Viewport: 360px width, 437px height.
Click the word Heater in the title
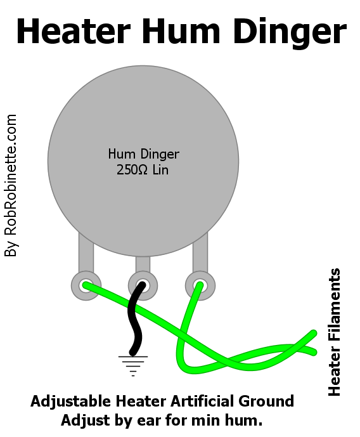click(74, 31)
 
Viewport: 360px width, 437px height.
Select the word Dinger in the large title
click(290, 33)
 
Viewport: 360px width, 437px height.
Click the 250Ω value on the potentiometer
click(132, 169)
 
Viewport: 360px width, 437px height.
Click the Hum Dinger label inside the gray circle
click(144, 154)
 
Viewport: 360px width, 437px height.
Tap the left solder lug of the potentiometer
click(86, 285)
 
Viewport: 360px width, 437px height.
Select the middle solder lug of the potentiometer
click(143, 285)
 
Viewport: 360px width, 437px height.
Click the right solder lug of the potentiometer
click(200, 285)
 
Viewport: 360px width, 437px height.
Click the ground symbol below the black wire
click(133, 366)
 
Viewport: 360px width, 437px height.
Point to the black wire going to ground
click(134, 318)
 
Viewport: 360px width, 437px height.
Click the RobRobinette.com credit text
click(11, 174)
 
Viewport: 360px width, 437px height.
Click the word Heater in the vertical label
click(335, 371)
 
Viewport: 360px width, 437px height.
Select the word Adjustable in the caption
click(71, 402)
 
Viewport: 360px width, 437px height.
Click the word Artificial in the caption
click(202, 401)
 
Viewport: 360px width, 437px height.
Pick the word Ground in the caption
click(266, 401)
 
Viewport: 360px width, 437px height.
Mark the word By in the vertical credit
click(11, 248)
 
